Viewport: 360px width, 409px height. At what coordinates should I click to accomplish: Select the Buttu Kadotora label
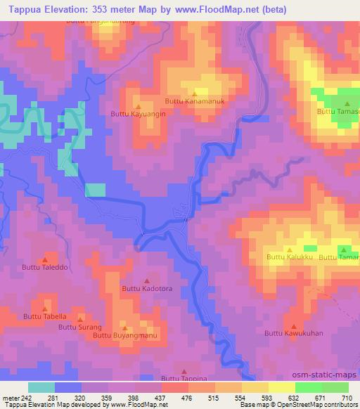147,288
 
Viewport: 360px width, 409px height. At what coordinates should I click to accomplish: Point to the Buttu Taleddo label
46,267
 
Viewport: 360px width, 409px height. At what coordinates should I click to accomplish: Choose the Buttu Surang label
80,327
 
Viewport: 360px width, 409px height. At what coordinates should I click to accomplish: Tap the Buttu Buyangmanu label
124,335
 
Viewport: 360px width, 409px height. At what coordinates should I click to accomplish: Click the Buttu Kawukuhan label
295,333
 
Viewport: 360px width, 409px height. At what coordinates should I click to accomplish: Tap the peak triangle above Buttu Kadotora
146,280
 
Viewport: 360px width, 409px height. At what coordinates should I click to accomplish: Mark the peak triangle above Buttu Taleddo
46,258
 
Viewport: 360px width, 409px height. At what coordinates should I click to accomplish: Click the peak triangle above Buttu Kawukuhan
294,325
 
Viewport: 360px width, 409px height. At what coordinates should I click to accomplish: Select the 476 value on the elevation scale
186,398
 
